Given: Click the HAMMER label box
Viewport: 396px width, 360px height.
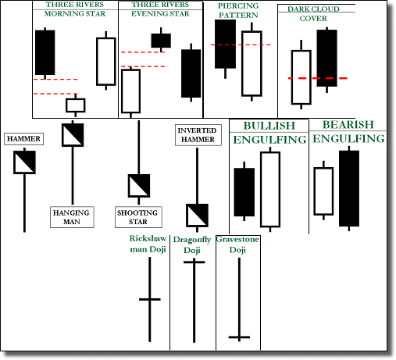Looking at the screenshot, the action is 23,139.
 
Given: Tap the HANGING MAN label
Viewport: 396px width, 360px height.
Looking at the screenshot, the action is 72,217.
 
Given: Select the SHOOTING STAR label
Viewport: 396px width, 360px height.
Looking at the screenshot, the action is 138,217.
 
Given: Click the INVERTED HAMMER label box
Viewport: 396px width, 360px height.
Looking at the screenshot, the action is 198,135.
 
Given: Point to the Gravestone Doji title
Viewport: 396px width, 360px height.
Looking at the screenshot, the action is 237,244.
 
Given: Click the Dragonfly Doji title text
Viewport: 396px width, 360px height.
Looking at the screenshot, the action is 192,245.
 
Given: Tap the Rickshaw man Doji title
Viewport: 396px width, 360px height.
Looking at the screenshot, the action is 148,244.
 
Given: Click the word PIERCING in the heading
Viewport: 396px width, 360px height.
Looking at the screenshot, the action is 238,5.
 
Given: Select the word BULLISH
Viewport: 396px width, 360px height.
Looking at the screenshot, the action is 269,126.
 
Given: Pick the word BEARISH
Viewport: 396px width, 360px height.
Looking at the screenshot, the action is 348,125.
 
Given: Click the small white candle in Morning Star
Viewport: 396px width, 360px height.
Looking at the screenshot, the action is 76,105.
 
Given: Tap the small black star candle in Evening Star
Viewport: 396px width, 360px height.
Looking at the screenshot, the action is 161,41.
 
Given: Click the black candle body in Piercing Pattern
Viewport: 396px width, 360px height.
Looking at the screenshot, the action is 225,44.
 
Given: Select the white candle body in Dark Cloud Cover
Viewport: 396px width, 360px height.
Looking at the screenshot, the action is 301,77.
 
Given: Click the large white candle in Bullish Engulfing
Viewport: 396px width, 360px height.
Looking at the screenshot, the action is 270,189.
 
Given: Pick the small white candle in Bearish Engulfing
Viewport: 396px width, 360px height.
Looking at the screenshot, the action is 323,191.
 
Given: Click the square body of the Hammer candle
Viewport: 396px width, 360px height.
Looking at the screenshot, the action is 24,162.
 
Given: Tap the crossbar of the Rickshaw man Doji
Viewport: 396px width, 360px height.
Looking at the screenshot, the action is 150,299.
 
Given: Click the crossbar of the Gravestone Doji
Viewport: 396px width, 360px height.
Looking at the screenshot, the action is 239,337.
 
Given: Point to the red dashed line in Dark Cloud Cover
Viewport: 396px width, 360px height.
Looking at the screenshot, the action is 318,78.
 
